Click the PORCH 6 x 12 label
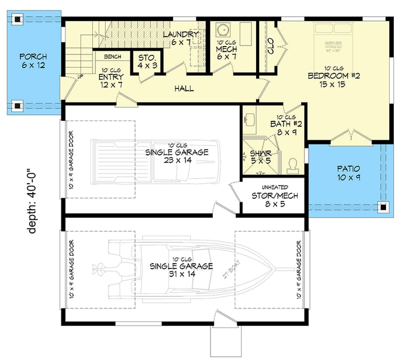33,61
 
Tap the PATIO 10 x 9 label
348,173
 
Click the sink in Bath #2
249,120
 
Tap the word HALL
184,88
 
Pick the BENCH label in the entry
113,57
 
